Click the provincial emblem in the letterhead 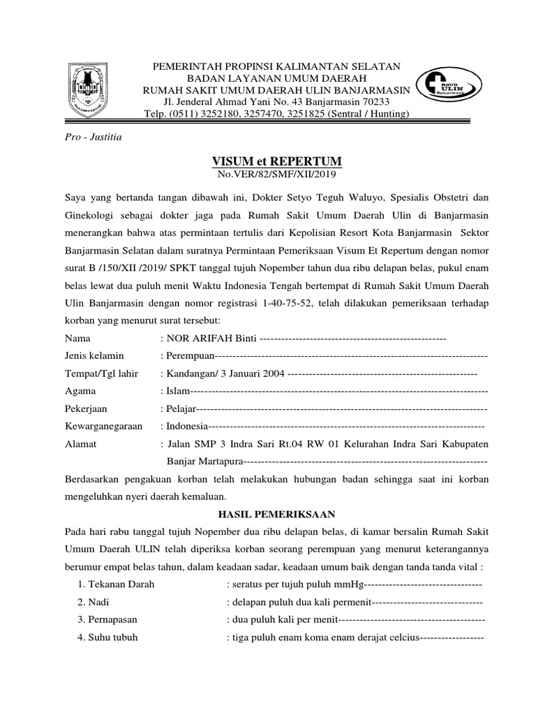[x=89, y=89]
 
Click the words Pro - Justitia [x=93, y=137]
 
